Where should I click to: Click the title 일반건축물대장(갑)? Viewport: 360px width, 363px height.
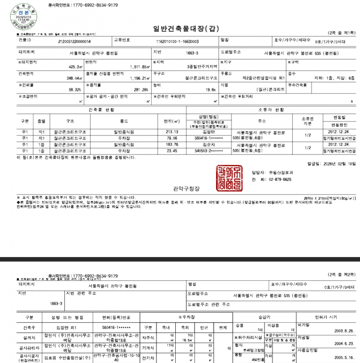tap(180, 29)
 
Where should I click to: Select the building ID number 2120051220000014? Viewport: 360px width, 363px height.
tap(74, 42)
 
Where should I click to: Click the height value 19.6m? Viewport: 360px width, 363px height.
tap(210, 90)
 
